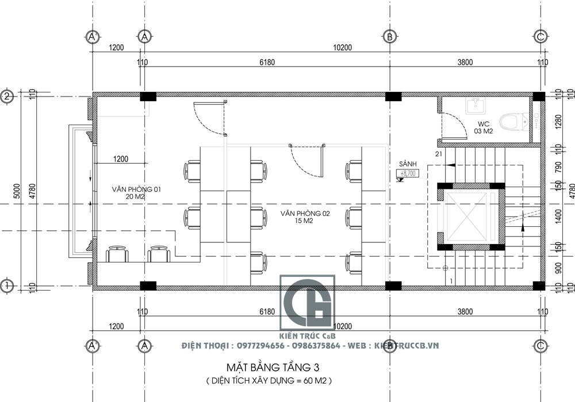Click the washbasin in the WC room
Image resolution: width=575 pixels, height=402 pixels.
475,105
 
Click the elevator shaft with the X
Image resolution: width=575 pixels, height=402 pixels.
470,216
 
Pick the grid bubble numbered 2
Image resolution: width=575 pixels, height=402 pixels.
7,96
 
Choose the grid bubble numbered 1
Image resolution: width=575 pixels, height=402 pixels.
7,285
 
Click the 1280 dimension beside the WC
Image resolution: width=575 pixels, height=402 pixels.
557,122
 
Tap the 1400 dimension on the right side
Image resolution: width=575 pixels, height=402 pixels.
557,216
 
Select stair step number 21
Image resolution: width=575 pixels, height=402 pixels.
439,154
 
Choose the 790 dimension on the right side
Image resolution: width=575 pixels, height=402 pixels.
557,167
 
